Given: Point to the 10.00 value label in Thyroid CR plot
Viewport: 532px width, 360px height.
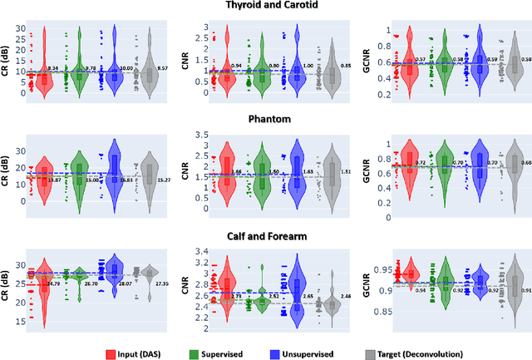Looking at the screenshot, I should coord(126,68).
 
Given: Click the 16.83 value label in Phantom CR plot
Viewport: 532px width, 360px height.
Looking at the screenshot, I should coord(126,180).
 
